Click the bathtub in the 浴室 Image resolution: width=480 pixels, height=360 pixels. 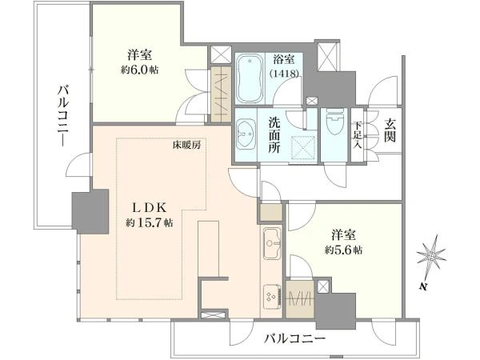click(x=250, y=79)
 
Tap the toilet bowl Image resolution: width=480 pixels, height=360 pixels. click(x=335, y=122)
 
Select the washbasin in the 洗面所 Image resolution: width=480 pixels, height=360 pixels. click(x=246, y=134)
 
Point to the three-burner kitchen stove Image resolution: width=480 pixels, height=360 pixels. click(x=272, y=295)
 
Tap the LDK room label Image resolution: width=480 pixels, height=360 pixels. click(x=149, y=208)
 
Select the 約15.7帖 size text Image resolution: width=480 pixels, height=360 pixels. click(x=150, y=222)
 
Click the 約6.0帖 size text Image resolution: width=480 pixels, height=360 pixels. click(x=140, y=70)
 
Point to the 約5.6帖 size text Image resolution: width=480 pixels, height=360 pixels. click(x=343, y=250)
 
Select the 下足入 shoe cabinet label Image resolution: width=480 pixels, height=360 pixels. click(x=358, y=134)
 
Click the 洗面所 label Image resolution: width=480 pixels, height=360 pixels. click(x=274, y=135)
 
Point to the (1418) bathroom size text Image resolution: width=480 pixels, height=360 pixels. click(x=284, y=74)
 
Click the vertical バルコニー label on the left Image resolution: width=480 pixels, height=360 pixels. click(x=64, y=117)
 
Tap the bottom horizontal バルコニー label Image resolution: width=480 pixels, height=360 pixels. click(x=295, y=338)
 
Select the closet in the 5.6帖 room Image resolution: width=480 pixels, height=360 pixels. click(x=300, y=299)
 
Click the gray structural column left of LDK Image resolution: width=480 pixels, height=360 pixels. click(x=90, y=211)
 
